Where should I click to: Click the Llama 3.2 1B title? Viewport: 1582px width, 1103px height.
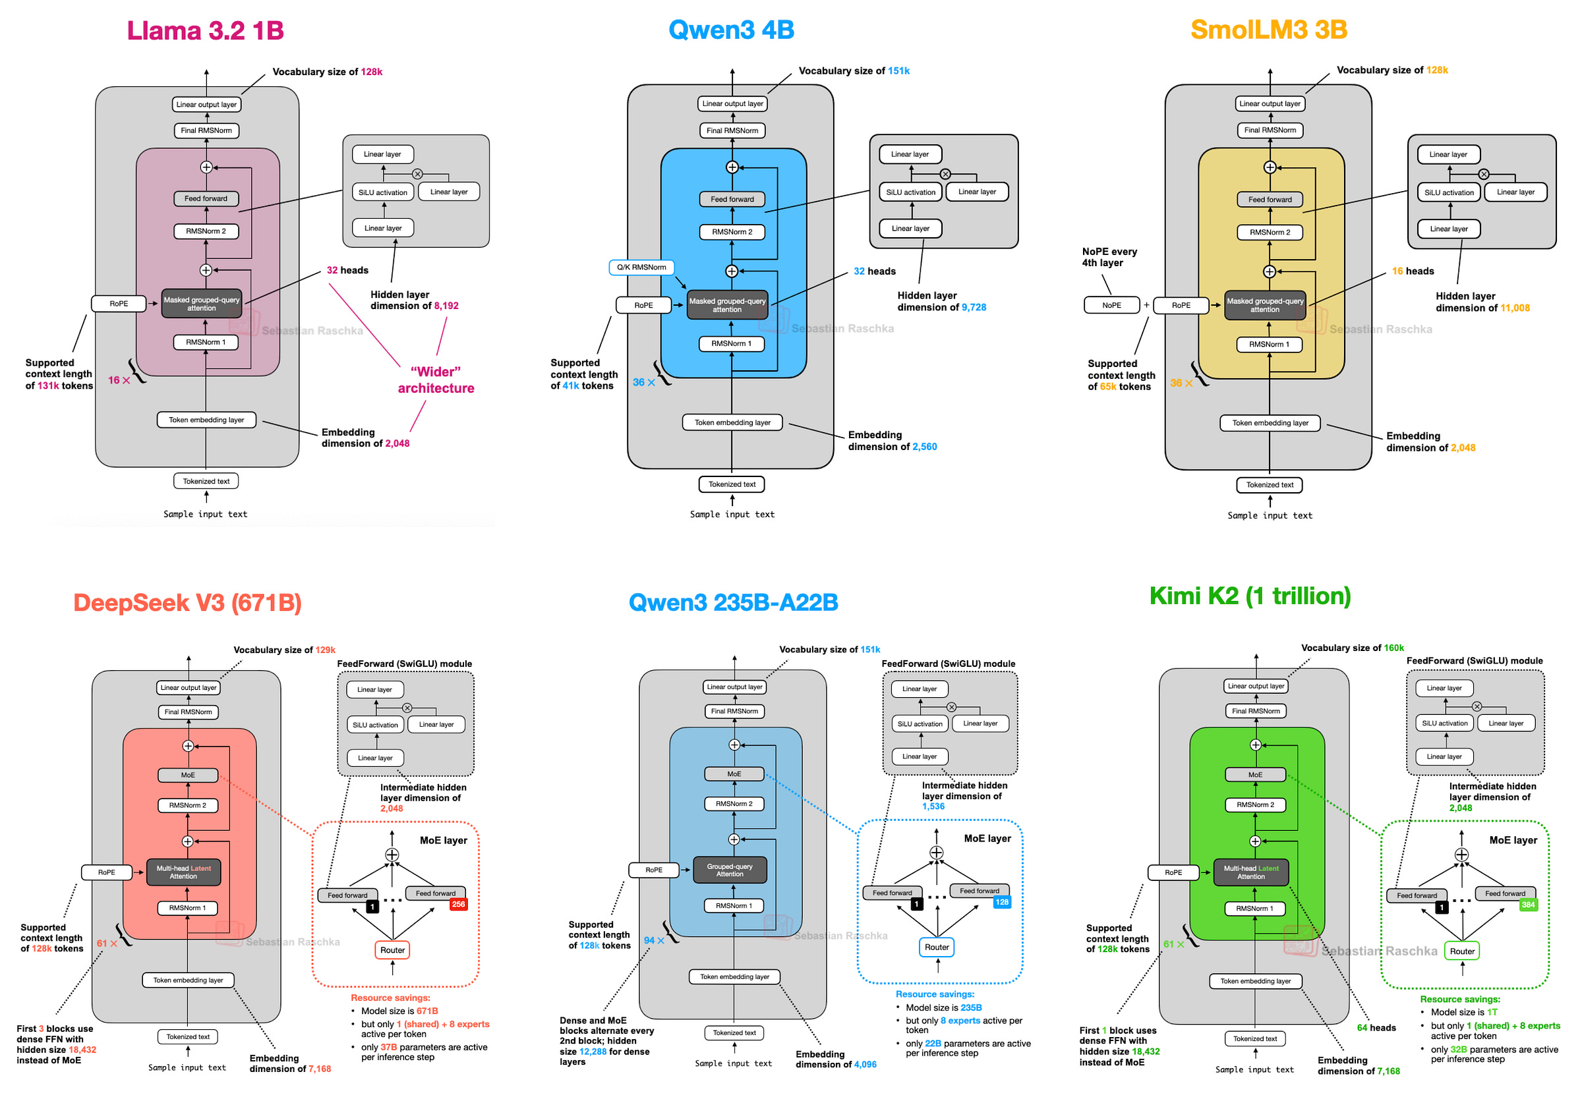(x=204, y=30)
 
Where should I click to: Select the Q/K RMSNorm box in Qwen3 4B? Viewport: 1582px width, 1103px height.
(x=641, y=268)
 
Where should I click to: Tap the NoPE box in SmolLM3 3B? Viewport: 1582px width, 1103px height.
(x=1111, y=305)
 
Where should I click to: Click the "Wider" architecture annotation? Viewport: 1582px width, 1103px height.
(x=436, y=380)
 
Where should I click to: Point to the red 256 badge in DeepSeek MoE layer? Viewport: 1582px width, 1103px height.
(x=458, y=905)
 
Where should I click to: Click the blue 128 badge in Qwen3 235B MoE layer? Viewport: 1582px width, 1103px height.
(x=1002, y=902)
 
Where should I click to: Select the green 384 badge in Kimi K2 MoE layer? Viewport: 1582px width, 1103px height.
(x=1527, y=905)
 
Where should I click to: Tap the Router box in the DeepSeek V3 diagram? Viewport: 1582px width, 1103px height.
(x=393, y=950)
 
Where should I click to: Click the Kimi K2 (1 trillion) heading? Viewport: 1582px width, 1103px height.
(x=1249, y=596)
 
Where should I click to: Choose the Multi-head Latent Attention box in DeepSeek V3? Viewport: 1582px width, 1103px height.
(x=184, y=872)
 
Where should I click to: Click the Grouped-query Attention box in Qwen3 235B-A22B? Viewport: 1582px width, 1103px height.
(x=729, y=870)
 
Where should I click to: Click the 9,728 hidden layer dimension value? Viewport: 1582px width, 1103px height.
(x=974, y=307)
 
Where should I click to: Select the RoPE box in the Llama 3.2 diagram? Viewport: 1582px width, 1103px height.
(x=119, y=304)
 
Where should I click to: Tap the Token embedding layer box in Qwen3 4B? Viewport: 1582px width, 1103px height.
(x=732, y=422)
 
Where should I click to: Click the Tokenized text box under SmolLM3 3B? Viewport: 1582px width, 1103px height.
(x=1269, y=485)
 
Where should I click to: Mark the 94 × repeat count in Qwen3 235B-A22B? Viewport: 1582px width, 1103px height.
(x=653, y=940)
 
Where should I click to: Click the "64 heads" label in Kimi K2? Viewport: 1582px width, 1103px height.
(x=1376, y=1028)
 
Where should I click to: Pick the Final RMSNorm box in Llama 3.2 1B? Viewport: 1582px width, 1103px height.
(x=206, y=130)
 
